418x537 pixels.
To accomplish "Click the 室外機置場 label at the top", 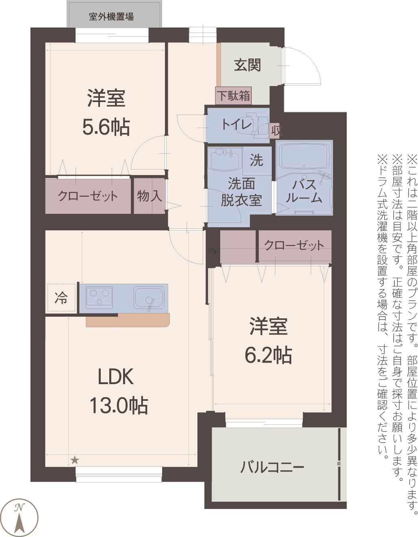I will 111,17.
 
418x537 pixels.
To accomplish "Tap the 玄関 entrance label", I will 247,65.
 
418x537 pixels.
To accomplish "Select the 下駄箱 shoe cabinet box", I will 233,96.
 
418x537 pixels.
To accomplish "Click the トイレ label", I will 236,124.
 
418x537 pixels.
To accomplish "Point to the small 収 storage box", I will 276,130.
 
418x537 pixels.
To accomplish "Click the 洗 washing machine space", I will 257,161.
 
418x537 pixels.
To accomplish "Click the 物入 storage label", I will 149,196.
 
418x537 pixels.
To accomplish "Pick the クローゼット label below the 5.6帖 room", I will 88,196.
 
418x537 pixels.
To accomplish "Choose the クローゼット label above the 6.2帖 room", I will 294,245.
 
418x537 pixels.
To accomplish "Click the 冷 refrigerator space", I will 61,298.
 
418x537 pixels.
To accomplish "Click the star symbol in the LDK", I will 75,461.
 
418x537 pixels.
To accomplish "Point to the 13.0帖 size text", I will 118,405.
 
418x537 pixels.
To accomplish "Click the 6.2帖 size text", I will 268,355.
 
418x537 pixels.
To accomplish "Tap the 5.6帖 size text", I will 106,127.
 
